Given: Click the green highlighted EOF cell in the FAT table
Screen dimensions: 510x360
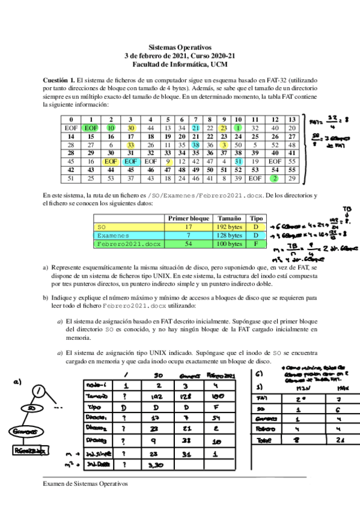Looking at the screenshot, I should pyautogui.click(x=91, y=128).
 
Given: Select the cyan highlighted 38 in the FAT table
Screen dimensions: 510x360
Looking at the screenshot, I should pyautogui.click(x=196, y=145).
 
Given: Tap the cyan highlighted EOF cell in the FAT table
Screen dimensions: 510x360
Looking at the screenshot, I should pyautogui.click(x=130, y=161).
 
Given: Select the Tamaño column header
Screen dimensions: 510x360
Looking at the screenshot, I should pyautogui.click(x=228, y=218).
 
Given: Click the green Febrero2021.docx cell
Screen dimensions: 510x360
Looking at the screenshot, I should pyautogui.click(x=129, y=244).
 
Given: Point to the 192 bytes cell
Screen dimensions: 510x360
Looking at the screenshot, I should pyautogui.click(x=228, y=227).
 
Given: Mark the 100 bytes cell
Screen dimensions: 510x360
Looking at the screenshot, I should pyautogui.click(x=228, y=244).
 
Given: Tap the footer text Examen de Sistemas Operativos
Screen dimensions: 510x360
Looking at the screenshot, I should pyautogui.click(x=86, y=483).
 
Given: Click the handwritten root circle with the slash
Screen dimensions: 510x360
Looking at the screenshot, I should pyautogui.click(x=38, y=391).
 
